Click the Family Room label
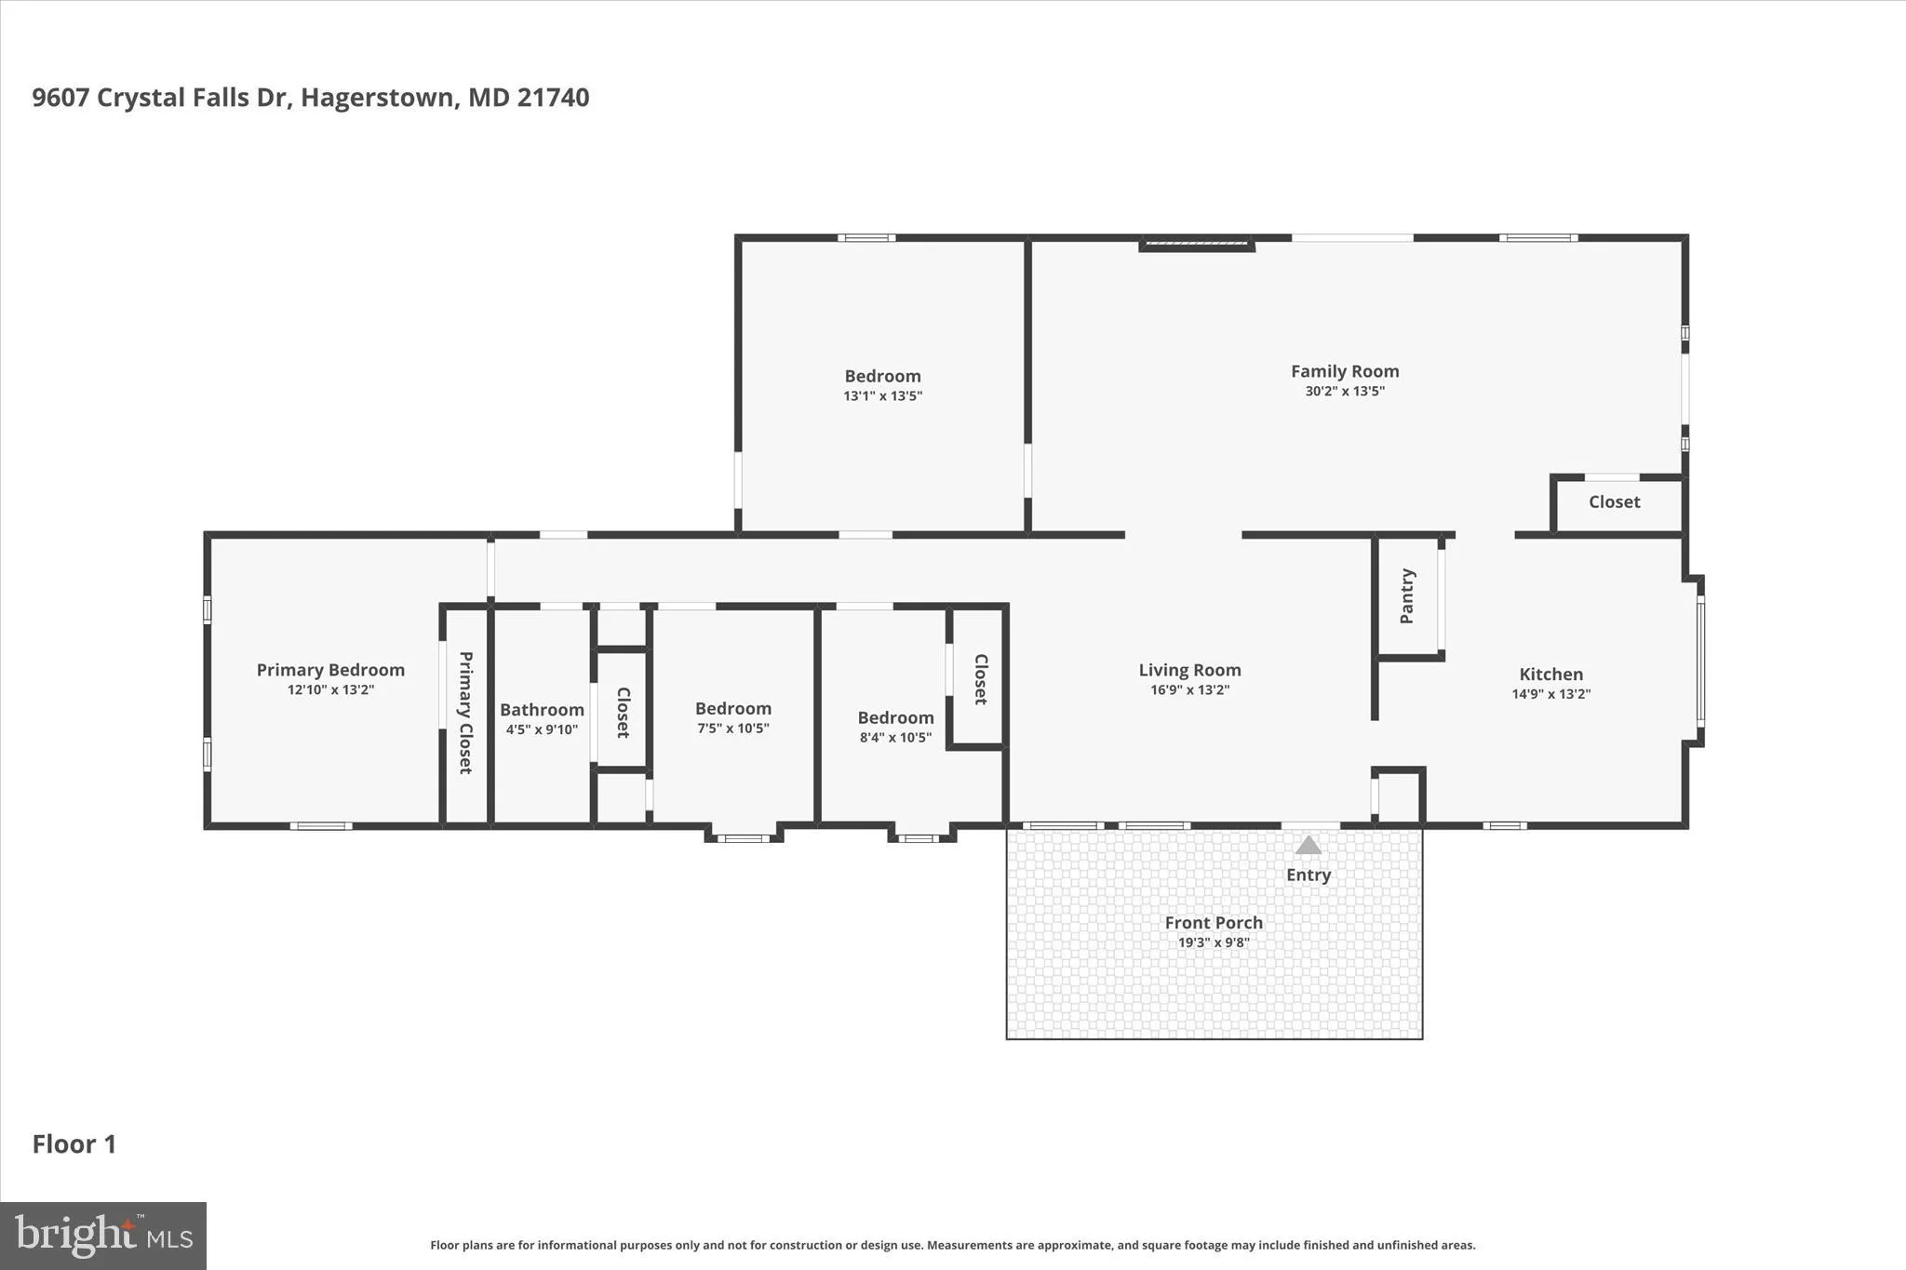click(x=1345, y=371)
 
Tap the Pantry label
click(x=1407, y=596)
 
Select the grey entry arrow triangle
click(x=1309, y=845)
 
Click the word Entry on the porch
click(x=1309, y=875)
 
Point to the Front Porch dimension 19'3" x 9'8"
click(x=1214, y=942)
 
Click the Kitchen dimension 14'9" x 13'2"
click(x=1551, y=694)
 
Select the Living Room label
click(x=1189, y=670)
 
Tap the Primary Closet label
click(x=465, y=712)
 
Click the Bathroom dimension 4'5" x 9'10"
click(x=542, y=730)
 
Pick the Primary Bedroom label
click(x=330, y=670)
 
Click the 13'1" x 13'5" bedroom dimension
click(x=882, y=396)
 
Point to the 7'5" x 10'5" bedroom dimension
click(x=733, y=729)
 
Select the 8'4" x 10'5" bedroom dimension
click(x=895, y=738)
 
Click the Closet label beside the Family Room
click(x=1615, y=502)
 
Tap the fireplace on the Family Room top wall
click(x=1198, y=245)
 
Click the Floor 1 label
click(x=74, y=1144)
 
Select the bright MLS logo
click(x=103, y=1236)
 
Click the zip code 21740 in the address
click(x=553, y=98)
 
